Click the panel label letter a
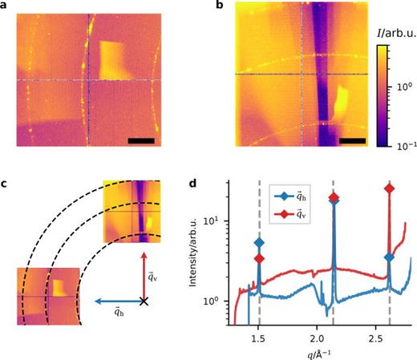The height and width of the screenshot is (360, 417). tap(6, 6)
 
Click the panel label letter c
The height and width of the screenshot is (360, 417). tap(6, 187)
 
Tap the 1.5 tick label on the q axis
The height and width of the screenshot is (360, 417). tap(258, 338)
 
